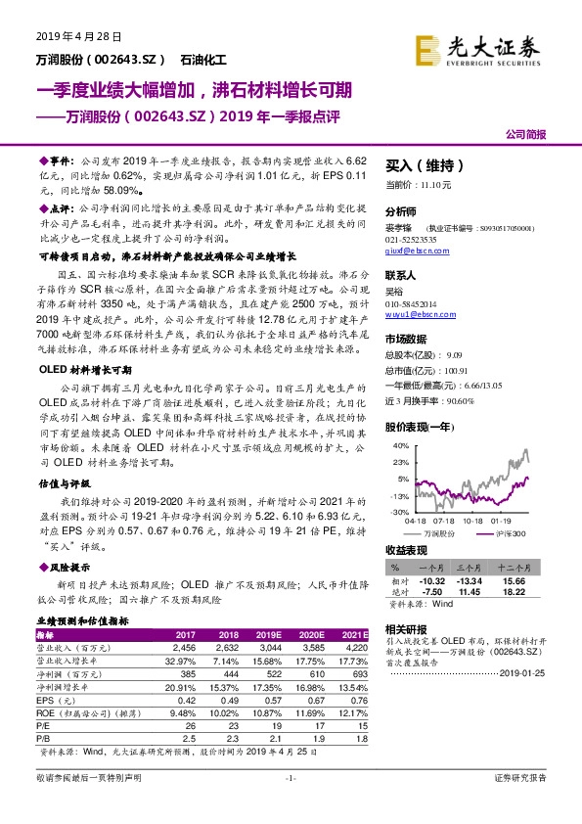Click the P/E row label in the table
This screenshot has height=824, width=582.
click(x=44, y=728)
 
